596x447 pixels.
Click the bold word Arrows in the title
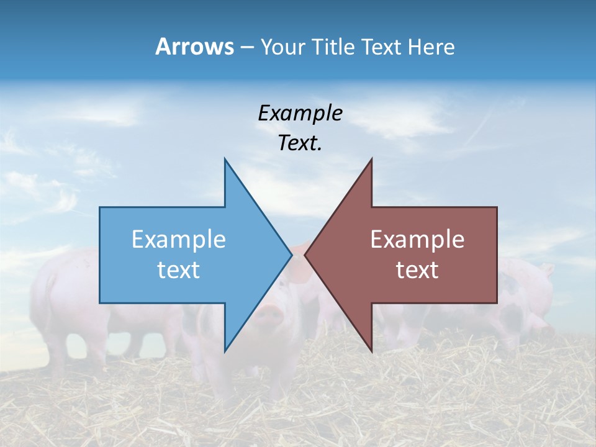pyautogui.click(x=194, y=47)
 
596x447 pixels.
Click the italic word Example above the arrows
pyautogui.click(x=300, y=113)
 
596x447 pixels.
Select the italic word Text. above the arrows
pyautogui.click(x=300, y=143)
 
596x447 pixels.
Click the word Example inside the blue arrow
pyautogui.click(x=178, y=239)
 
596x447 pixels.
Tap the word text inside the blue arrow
pyautogui.click(x=178, y=269)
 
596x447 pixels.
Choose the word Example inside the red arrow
pyautogui.click(x=417, y=239)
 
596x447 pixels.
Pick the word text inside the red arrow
pyautogui.click(x=417, y=269)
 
